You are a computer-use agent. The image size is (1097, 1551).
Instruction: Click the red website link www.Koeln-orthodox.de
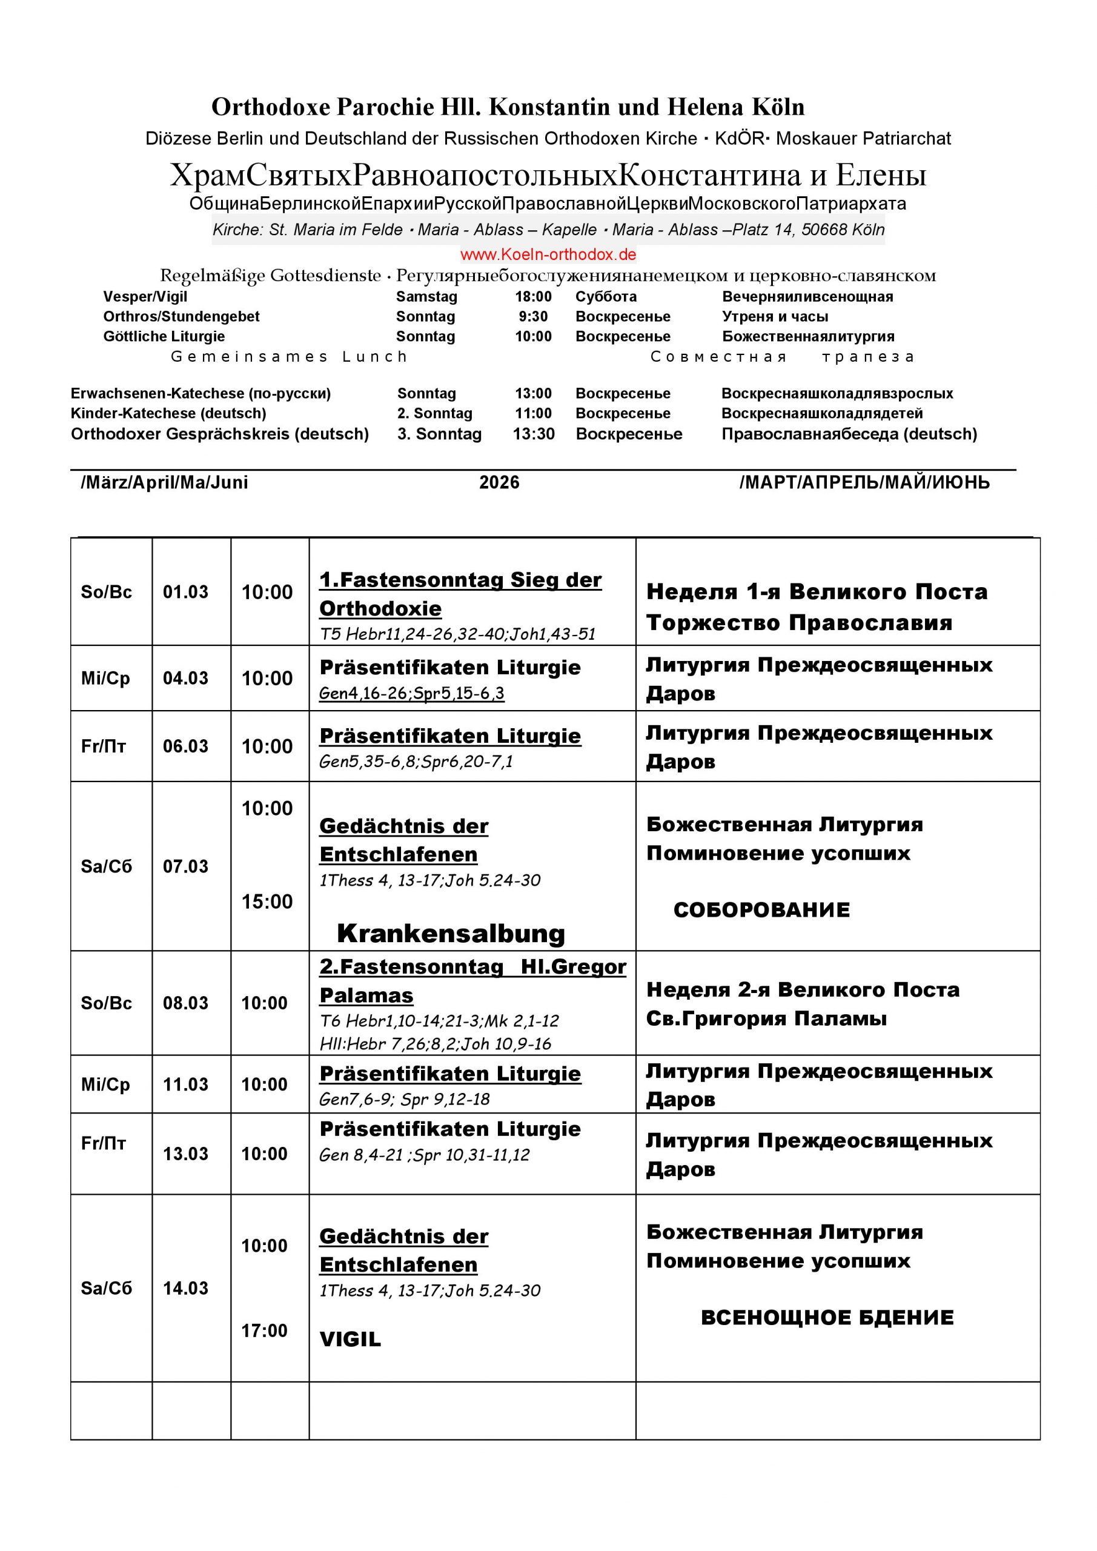548,254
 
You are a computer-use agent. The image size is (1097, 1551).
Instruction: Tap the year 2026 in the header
499,482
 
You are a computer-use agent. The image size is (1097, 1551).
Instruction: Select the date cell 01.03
185,593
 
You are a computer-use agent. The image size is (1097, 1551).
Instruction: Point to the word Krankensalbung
451,934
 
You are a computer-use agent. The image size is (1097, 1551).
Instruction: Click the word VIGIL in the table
350,1339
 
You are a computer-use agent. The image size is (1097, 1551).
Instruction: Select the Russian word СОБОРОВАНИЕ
761,910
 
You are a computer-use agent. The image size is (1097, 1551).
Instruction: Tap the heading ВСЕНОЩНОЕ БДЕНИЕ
827,1317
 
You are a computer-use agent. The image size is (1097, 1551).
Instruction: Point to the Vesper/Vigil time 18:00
533,296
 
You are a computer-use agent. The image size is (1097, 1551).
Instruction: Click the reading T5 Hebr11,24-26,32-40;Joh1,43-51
457,634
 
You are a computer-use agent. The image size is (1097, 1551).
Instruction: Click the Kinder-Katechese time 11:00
533,413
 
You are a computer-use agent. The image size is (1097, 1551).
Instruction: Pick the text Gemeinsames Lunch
289,357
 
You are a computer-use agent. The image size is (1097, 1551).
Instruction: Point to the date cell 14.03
185,1288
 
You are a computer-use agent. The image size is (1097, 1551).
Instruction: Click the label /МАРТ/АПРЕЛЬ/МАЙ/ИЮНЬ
864,482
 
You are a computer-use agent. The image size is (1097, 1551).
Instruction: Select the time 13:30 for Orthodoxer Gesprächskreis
533,434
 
